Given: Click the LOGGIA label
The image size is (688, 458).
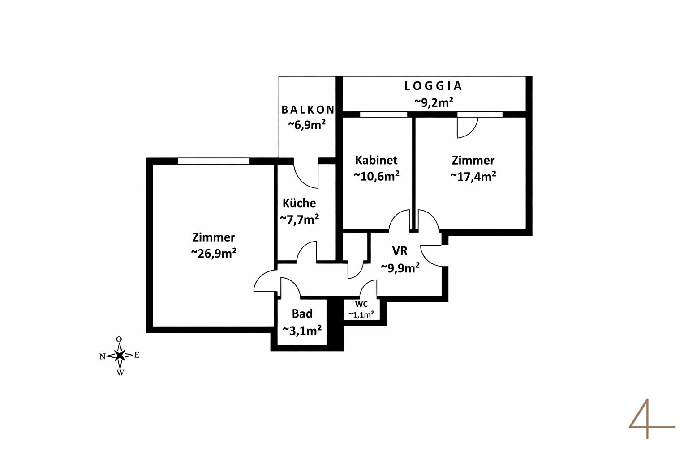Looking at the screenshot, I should coord(433,86).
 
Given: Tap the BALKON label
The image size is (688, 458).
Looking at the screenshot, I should coord(308,110).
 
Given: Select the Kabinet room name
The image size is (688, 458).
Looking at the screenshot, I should coord(376,160).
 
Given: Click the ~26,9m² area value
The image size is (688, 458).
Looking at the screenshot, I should coord(214,253).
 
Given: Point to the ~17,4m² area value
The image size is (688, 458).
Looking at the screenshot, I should coord(473,176).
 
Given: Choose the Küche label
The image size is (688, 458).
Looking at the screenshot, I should coord(299,203).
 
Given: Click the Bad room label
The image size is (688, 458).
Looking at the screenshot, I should coord(302,314).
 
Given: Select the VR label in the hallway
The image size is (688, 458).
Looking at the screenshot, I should coord(400,250).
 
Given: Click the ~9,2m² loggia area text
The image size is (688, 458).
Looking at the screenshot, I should coord(433,102).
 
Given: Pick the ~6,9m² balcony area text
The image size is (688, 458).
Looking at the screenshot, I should coord(306,125).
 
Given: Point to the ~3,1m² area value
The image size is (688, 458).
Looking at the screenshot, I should coord(302,331).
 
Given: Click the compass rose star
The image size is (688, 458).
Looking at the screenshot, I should coord(120,356).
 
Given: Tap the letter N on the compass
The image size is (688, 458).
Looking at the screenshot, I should coord(103,356).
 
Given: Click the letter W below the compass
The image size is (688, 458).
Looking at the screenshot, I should coord(120,373).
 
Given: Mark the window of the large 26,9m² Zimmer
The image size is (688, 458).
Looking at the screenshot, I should coord(214,161).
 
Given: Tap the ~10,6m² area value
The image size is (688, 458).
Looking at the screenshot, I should coord(376,176).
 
